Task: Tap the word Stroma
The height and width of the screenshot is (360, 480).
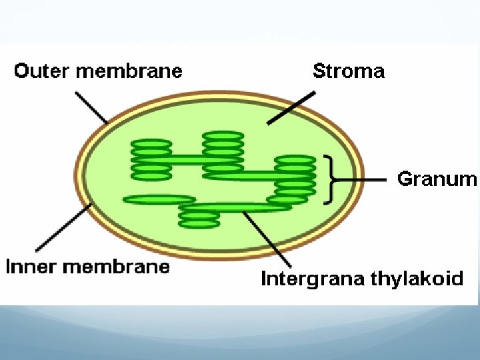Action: point(349,71)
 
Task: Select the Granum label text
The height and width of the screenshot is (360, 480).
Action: point(437,179)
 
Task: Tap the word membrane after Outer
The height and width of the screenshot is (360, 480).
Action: point(129,71)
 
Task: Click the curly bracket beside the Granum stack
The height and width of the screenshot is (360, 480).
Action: point(328,179)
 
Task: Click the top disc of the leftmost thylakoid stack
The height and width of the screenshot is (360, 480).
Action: point(151,143)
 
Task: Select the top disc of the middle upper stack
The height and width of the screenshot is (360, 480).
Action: point(223,136)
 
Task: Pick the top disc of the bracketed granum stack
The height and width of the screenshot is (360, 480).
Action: point(295,159)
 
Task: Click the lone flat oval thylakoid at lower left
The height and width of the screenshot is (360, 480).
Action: point(159,199)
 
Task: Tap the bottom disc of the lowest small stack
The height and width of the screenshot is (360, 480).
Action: point(199,224)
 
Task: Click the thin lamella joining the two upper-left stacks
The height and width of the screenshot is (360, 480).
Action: point(187,159)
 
